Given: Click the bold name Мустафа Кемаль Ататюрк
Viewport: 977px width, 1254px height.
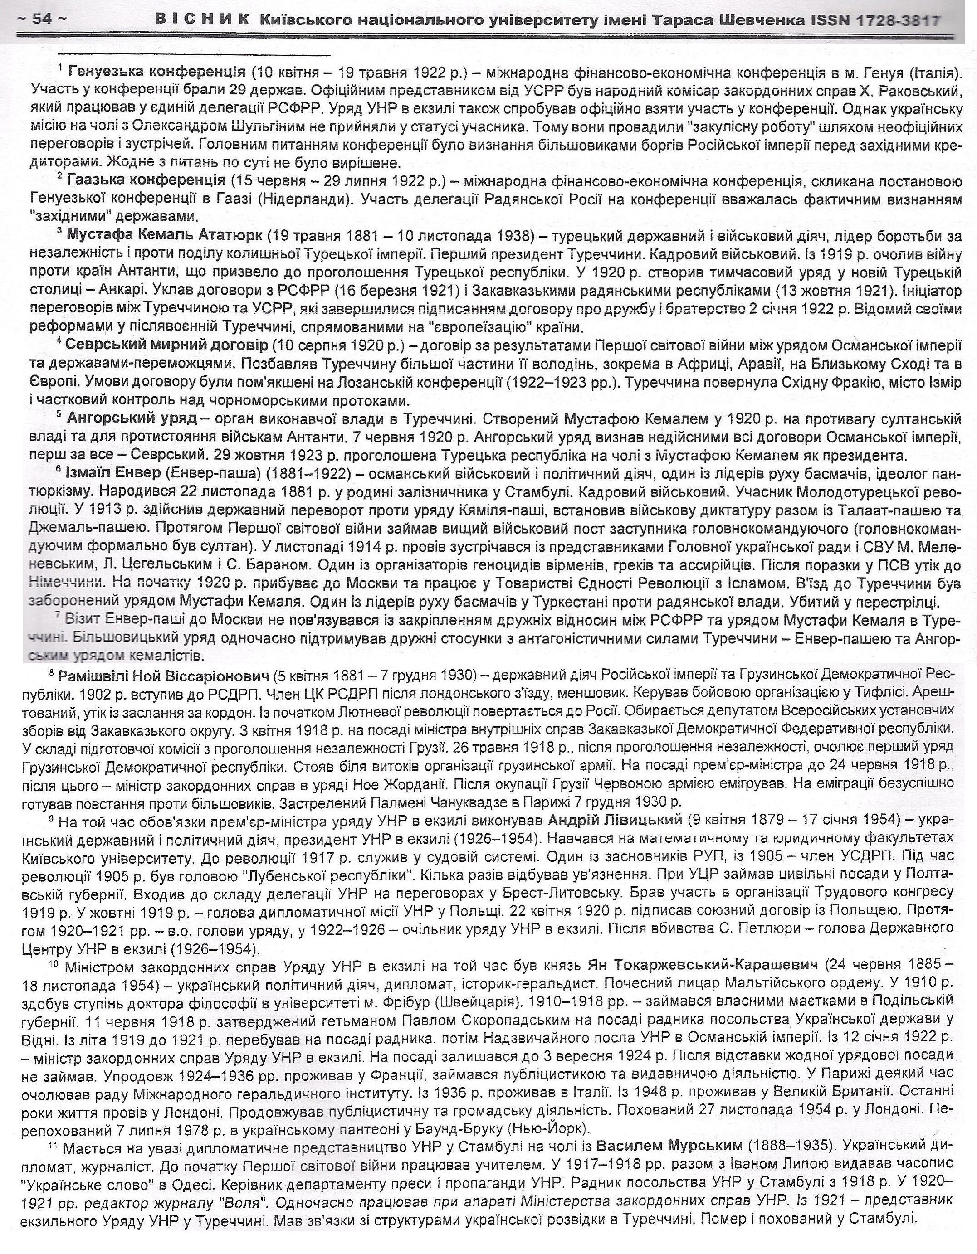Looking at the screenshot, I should coord(164,235).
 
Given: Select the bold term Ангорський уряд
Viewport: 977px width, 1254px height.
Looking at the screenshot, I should coord(132,418).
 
